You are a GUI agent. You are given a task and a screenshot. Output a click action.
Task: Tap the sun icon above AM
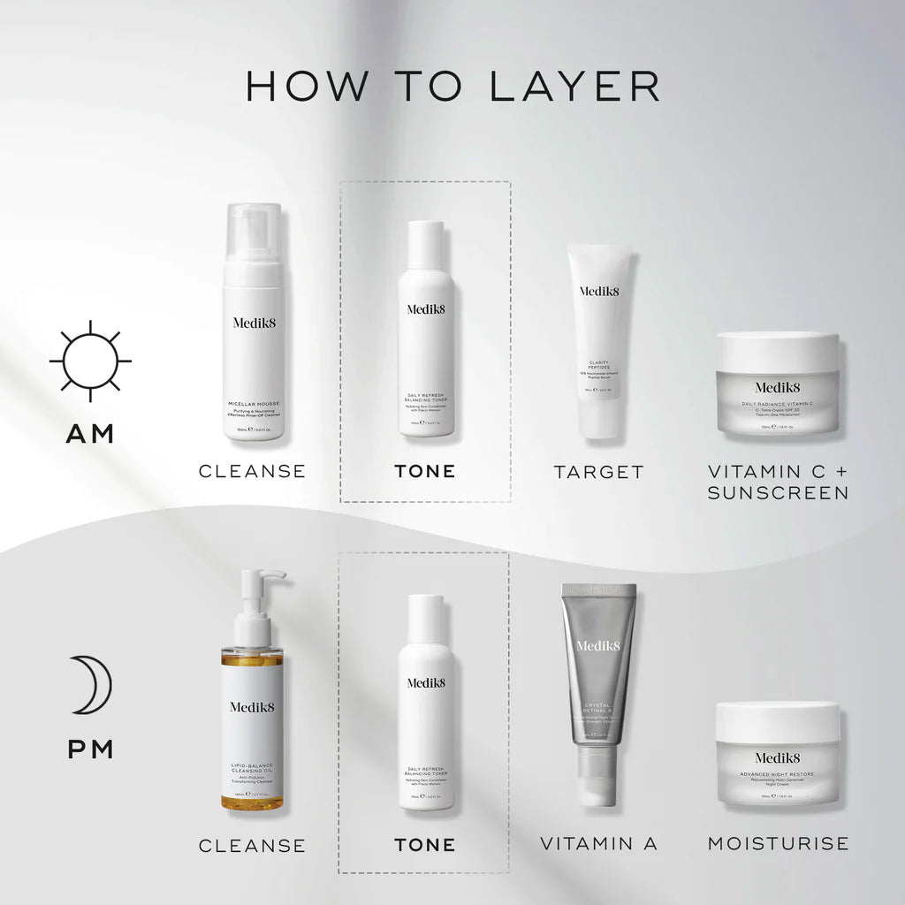90,361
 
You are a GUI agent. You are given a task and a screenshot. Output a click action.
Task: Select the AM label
90,434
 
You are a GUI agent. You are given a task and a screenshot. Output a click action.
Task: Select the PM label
91,749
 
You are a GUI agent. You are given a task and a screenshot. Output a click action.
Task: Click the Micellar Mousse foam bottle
253,336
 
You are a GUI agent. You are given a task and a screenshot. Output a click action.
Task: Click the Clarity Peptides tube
600,340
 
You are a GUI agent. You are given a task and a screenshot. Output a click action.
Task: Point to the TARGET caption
599,472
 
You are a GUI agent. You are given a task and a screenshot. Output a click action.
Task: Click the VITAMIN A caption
599,844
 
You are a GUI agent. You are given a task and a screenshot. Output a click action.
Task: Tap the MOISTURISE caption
778,844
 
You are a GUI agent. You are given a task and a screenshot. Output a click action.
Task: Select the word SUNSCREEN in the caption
778,493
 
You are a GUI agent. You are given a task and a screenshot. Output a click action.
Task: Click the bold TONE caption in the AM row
425,472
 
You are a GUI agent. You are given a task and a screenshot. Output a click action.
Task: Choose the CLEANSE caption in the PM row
252,846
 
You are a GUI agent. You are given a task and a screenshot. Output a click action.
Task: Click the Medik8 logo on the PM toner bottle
426,682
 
